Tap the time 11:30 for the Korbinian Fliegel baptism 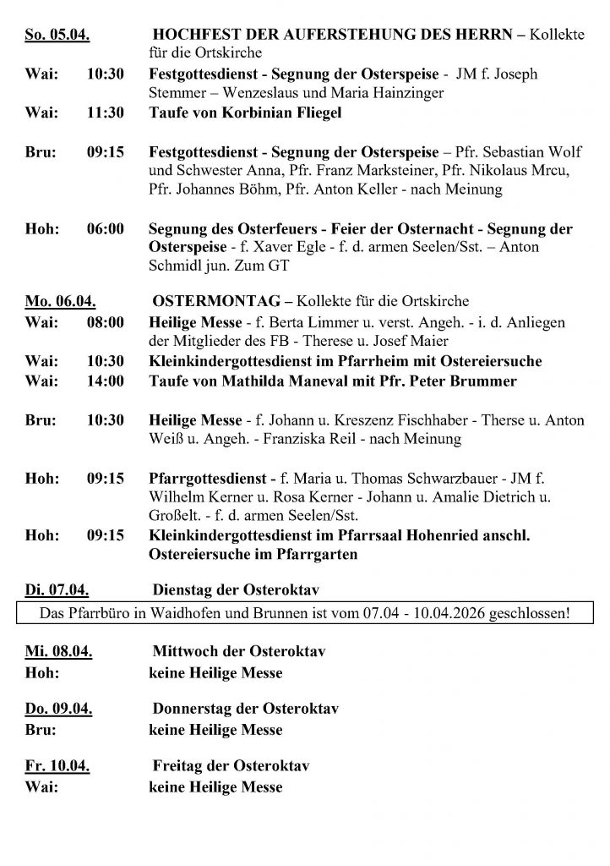click(x=106, y=113)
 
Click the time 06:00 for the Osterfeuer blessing click(x=106, y=229)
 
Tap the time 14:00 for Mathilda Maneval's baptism click(x=106, y=381)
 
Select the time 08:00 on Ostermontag click(x=106, y=322)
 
